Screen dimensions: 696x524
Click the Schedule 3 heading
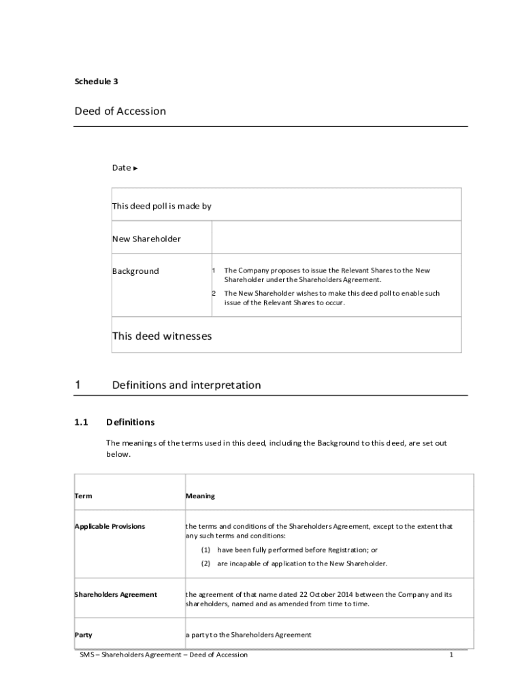pos(96,82)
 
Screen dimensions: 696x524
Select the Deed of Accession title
pos(120,111)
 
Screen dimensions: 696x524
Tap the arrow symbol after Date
pos(135,168)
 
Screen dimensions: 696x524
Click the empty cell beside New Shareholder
pos(336,237)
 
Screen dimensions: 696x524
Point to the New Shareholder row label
pos(146,239)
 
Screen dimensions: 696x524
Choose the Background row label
pos(135,271)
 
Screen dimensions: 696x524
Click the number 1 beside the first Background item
pos(213,271)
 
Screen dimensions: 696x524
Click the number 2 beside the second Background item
pos(213,294)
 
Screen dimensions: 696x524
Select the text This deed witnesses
pos(162,336)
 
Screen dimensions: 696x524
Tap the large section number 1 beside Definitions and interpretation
pos(78,385)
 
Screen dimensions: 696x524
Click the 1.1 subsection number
pos(82,422)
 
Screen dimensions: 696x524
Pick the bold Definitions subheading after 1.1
pos(130,422)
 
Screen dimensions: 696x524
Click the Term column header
pos(83,496)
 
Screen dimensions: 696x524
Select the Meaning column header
pos(200,496)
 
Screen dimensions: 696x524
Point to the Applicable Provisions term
pos(110,527)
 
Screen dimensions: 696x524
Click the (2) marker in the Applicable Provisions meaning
pos(206,563)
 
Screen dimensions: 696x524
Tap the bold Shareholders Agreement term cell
pos(115,595)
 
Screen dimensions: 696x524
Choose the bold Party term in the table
pos(83,635)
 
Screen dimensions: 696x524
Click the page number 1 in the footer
pos(451,655)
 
